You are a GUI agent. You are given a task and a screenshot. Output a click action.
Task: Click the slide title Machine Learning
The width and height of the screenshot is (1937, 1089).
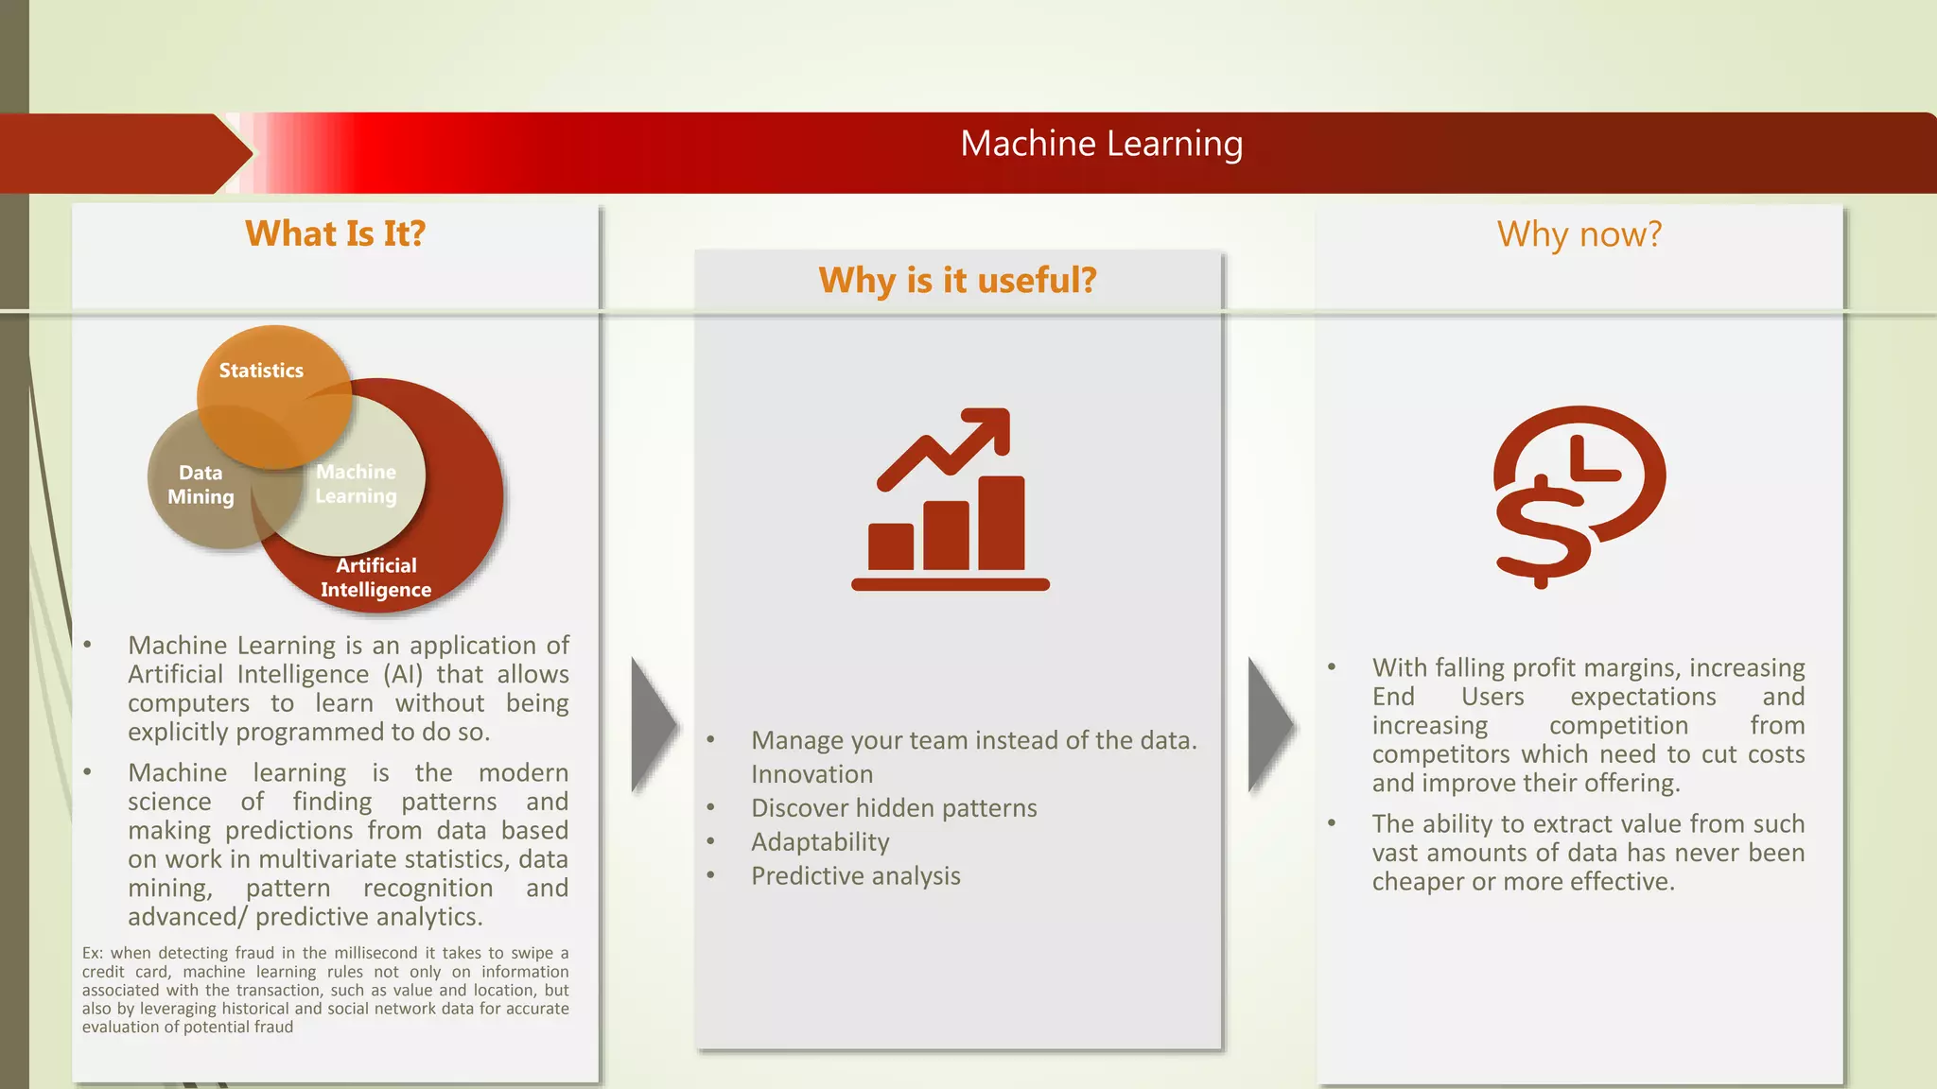[1101, 145]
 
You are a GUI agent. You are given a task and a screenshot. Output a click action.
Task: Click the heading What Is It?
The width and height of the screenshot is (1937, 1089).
[335, 233]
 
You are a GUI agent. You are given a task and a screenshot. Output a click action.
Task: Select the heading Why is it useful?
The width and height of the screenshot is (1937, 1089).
[957, 281]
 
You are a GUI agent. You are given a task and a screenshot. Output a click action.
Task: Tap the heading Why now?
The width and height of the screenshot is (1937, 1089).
[1579, 234]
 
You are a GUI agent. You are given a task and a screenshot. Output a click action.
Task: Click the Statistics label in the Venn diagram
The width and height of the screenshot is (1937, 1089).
[261, 371]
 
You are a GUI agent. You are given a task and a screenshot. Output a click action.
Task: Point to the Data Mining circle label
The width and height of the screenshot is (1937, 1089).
[201, 485]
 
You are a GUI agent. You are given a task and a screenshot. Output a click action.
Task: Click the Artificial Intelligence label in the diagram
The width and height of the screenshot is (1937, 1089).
[375, 578]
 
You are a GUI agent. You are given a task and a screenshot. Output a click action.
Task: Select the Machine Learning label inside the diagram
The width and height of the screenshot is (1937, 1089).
[356, 484]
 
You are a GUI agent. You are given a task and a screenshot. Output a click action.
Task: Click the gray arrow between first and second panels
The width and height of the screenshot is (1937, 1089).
[654, 725]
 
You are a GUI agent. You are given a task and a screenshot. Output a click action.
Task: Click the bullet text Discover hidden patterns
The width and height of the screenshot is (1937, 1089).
[894, 808]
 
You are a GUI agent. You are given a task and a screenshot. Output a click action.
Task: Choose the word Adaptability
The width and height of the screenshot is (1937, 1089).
[820, 842]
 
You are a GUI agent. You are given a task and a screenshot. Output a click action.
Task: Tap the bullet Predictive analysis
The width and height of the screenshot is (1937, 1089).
[855, 876]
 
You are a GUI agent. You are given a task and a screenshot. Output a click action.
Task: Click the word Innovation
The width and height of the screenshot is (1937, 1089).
[811, 774]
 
